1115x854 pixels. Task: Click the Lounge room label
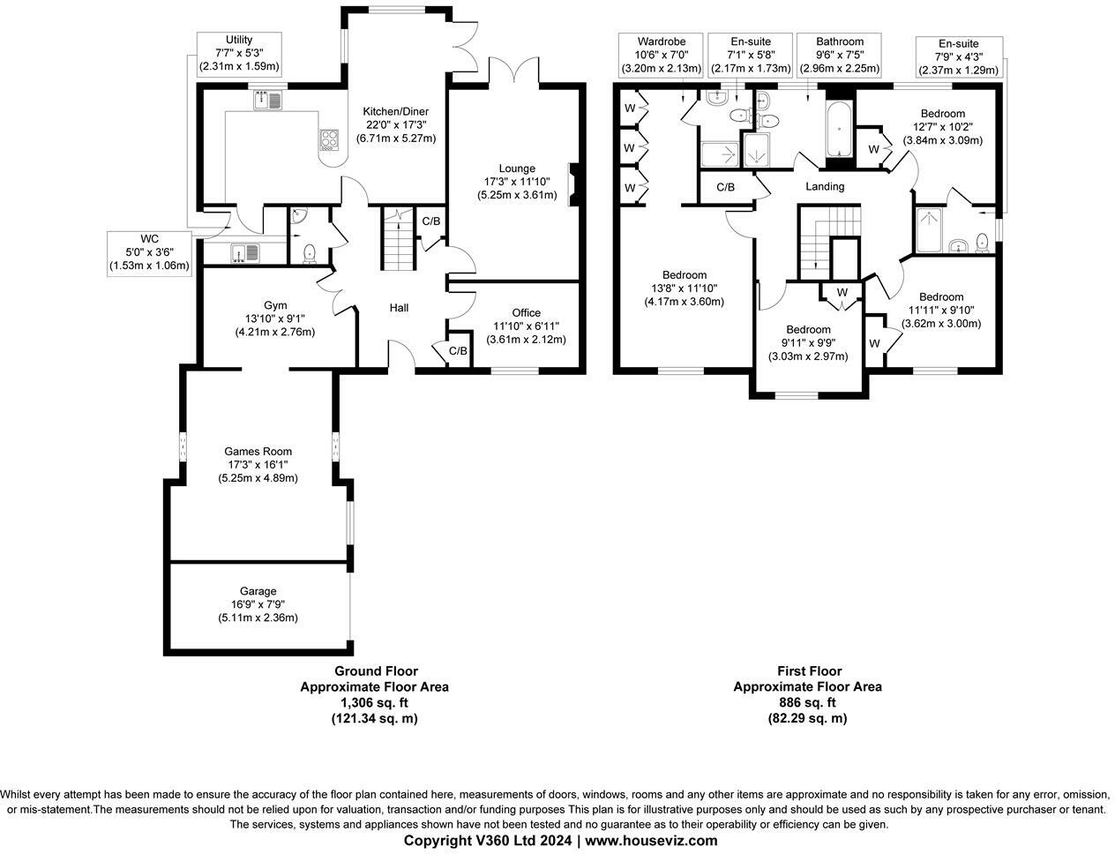coord(517,169)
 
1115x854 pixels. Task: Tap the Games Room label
coord(258,452)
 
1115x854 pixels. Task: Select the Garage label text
coord(258,591)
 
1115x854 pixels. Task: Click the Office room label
coord(526,312)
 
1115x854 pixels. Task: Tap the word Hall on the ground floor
coord(399,308)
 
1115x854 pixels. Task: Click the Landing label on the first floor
coord(825,186)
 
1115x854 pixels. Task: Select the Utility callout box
coord(238,53)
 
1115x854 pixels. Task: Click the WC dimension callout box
coord(149,252)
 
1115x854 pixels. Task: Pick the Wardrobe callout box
coord(650,55)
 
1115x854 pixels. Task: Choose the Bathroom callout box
coord(839,55)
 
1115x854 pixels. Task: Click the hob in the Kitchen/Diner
coord(330,139)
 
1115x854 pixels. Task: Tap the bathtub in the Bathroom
coord(838,128)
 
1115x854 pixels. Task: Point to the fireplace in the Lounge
coord(574,184)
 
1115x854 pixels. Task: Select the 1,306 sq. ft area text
coord(374,702)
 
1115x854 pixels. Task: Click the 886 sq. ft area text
coord(807,702)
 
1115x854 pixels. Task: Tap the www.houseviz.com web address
coord(651,841)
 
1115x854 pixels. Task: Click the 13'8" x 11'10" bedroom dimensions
coord(684,288)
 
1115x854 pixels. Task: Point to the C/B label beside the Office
coord(458,351)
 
